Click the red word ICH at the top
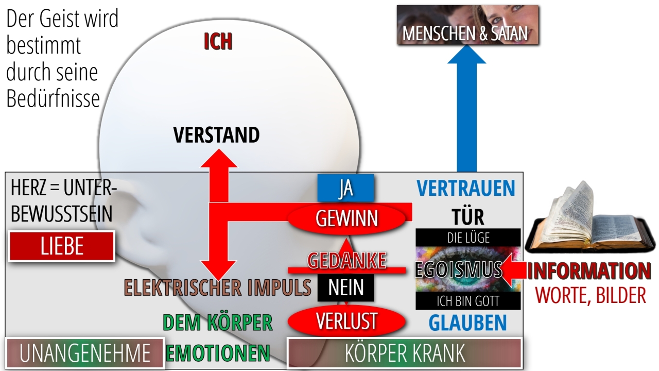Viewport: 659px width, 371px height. tap(218, 41)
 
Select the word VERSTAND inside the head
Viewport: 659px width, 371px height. tap(217, 135)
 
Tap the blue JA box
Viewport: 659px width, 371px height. tap(345, 188)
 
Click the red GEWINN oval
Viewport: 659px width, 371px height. tap(346, 218)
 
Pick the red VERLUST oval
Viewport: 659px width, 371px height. tap(346, 321)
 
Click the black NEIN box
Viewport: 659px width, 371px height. tap(345, 288)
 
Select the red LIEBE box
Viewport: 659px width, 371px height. tap(62, 246)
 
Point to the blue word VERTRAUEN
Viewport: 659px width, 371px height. tap(466, 188)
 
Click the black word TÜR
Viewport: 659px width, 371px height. tap(468, 217)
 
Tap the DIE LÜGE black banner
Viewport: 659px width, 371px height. tap(468, 238)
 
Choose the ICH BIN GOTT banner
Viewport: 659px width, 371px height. tap(468, 300)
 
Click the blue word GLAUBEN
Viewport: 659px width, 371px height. tap(468, 323)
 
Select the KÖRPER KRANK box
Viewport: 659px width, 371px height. tap(405, 353)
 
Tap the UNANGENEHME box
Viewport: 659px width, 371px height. tap(85, 353)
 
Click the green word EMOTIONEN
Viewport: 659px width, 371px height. tap(218, 353)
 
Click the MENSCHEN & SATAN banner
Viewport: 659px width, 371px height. tap(468, 25)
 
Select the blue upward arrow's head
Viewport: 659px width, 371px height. tap(466, 55)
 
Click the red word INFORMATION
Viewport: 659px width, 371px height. tap(589, 271)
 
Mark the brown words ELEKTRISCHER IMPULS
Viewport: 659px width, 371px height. tap(218, 288)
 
